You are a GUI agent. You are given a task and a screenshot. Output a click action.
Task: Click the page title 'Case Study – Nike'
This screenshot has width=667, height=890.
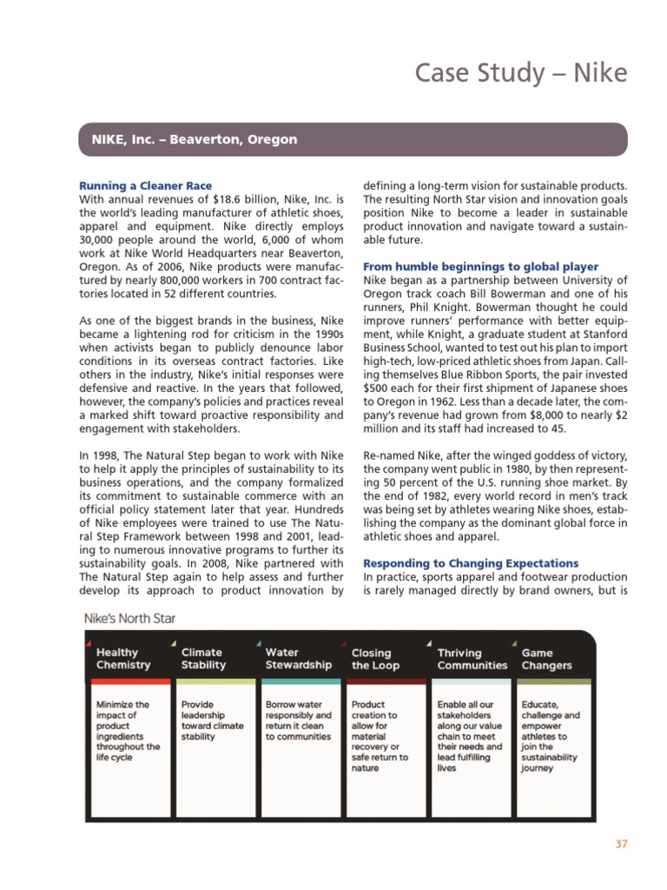(x=520, y=72)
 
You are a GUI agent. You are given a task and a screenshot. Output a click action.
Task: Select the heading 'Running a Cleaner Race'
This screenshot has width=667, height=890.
(x=146, y=186)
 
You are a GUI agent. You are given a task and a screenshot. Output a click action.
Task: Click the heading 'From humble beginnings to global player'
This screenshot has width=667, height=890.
(x=480, y=266)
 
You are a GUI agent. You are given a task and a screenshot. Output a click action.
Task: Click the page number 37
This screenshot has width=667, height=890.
(x=620, y=843)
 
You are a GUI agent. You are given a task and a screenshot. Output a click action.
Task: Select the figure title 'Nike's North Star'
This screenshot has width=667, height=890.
(x=129, y=619)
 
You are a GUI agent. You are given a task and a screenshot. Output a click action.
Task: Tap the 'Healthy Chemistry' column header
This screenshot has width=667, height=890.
(x=123, y=659)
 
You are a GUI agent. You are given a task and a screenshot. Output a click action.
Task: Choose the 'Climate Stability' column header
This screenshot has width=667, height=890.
(x=203, y=659)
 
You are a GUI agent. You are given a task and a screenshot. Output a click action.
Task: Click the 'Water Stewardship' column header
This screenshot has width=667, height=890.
(x=298, y=659)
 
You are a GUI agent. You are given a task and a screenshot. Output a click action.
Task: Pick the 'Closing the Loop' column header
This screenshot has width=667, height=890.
(x=372, y=659)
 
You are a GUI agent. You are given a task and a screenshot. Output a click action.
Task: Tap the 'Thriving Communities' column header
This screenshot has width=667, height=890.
(x=472, y=659)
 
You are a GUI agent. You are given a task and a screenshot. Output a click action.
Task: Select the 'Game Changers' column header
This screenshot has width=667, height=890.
(x=546, y=659)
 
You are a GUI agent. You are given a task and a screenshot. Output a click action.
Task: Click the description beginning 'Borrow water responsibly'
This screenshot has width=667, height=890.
(x=298, y=720)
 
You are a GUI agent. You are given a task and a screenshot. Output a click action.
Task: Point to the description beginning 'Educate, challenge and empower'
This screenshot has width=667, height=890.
(x=551, y=735)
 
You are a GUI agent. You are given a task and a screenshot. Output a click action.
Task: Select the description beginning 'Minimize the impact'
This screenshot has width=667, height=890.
(x=128, y=730)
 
